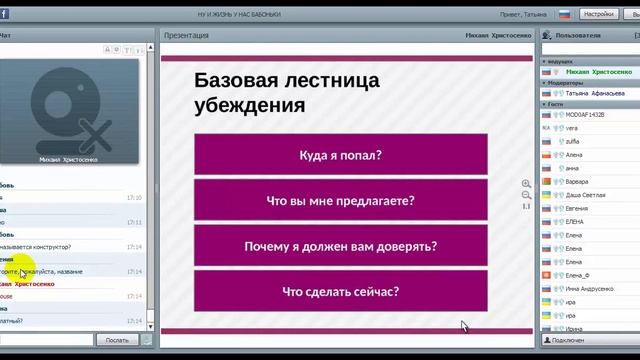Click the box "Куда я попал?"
(341, 155)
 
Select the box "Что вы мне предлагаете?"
(341, 201)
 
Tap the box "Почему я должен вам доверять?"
(341, 246)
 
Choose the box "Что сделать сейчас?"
(341, 292)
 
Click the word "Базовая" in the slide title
(237, 81)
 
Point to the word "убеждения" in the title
(250, 104)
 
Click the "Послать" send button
(114, 340)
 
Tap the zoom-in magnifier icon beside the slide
(526, 184)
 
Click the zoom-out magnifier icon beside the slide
(526, 195)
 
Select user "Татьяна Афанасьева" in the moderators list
(595, 93)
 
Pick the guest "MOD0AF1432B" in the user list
(585, 114)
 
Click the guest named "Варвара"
(578, 182)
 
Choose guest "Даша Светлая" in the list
(585, 195)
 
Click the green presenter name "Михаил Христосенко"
(598, 72)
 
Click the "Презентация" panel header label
(187, 35)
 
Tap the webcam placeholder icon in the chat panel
(63, 107)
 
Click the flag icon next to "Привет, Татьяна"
(564, 15)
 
